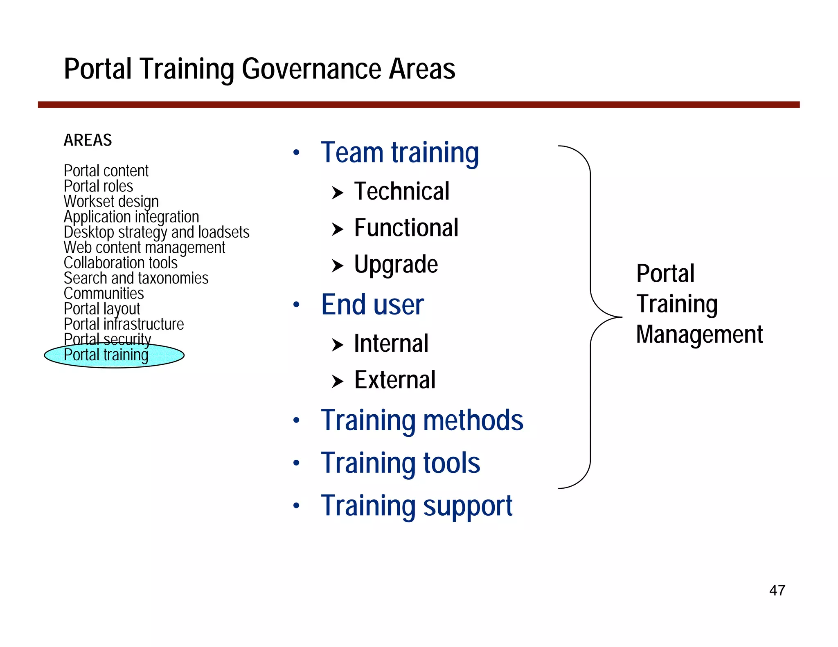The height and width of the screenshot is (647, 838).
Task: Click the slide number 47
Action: [777, 590]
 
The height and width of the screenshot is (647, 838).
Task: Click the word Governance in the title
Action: [311, 69]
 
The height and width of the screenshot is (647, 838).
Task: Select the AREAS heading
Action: [88, 140]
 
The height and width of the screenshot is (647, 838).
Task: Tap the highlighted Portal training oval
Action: [114, 355]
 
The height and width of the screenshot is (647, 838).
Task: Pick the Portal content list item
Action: [106, 171]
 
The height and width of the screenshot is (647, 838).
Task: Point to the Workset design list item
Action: [111, 201]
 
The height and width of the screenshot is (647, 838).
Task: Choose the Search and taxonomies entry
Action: [136, 278]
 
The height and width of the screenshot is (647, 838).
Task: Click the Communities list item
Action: [104, 293]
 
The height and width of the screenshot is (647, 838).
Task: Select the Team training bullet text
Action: [400, 153]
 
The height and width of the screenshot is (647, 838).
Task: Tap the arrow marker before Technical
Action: [337, 192]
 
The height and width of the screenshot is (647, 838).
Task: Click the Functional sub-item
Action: [406, 228]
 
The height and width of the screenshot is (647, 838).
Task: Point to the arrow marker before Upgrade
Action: [337, 265]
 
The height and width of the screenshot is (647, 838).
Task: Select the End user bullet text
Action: [372, 305]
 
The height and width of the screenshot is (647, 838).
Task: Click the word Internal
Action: [391, 343]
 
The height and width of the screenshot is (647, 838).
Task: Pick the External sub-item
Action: [394, 380]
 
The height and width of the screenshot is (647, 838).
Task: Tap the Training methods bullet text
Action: [422, 420]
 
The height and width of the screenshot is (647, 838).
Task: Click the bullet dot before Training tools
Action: [296, 463]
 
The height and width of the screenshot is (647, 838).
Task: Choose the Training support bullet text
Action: [417, 506]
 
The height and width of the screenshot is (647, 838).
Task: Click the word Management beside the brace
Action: [699, 334]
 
